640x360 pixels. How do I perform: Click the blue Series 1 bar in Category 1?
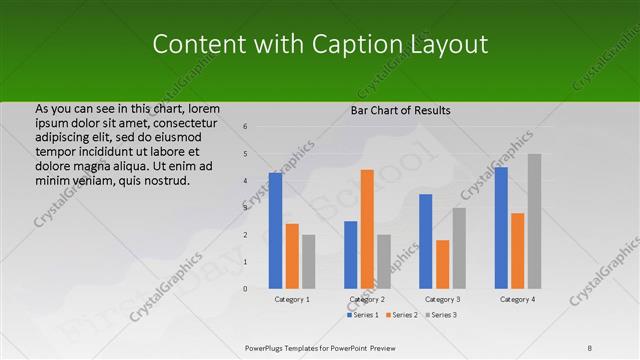(275, 230)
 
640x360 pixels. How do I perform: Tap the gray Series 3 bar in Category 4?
(534, 221)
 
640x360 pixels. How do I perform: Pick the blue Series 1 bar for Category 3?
(425, 241)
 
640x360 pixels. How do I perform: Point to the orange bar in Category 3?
(442, 264)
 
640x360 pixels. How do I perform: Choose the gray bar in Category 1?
(309, 261)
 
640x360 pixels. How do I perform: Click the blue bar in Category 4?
(500, 227)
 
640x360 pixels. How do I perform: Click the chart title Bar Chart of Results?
(400, 110)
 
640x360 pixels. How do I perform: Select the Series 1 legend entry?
(363, 315)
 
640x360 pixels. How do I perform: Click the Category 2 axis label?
(367, 299)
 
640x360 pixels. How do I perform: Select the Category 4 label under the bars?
(517, 299)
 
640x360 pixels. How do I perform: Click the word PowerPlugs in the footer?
(267, 349)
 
